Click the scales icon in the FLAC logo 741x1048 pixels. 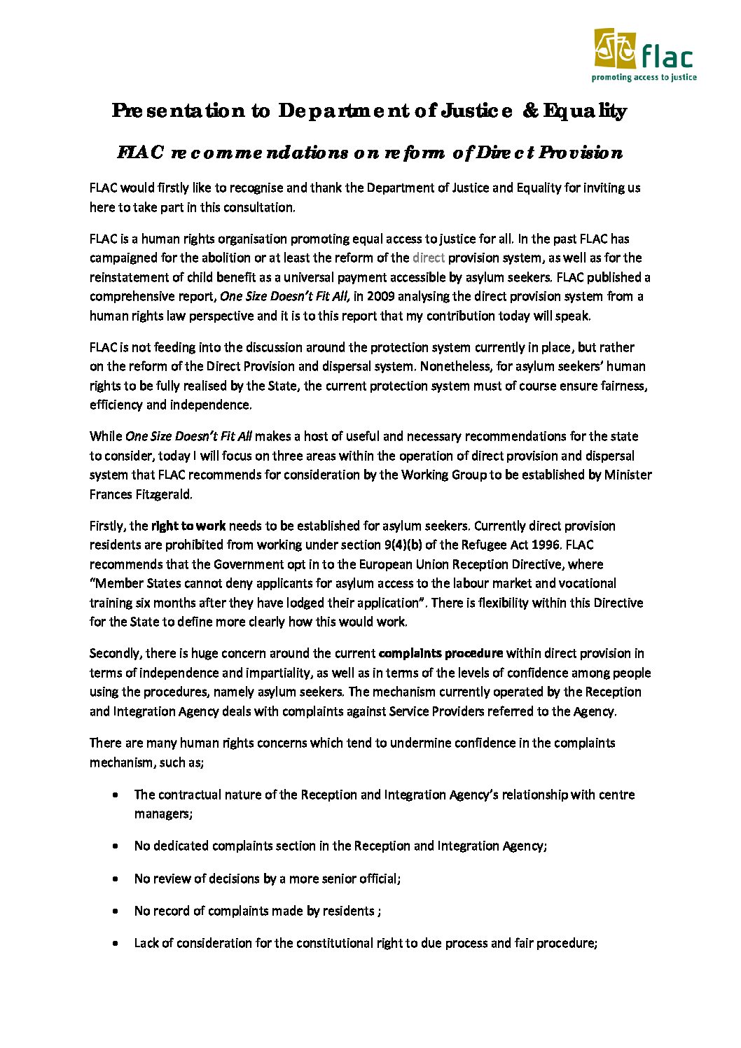tap(614, 48)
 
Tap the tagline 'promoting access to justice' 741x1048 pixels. tap(644, 78)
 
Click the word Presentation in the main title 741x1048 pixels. tap(179, 111)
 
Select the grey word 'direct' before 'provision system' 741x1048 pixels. tap(429, 258)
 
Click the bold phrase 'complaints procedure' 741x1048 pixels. tap(441, 653)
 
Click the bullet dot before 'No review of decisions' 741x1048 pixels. tap(115, 879)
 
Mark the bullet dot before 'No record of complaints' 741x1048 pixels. tap(115, 911)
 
